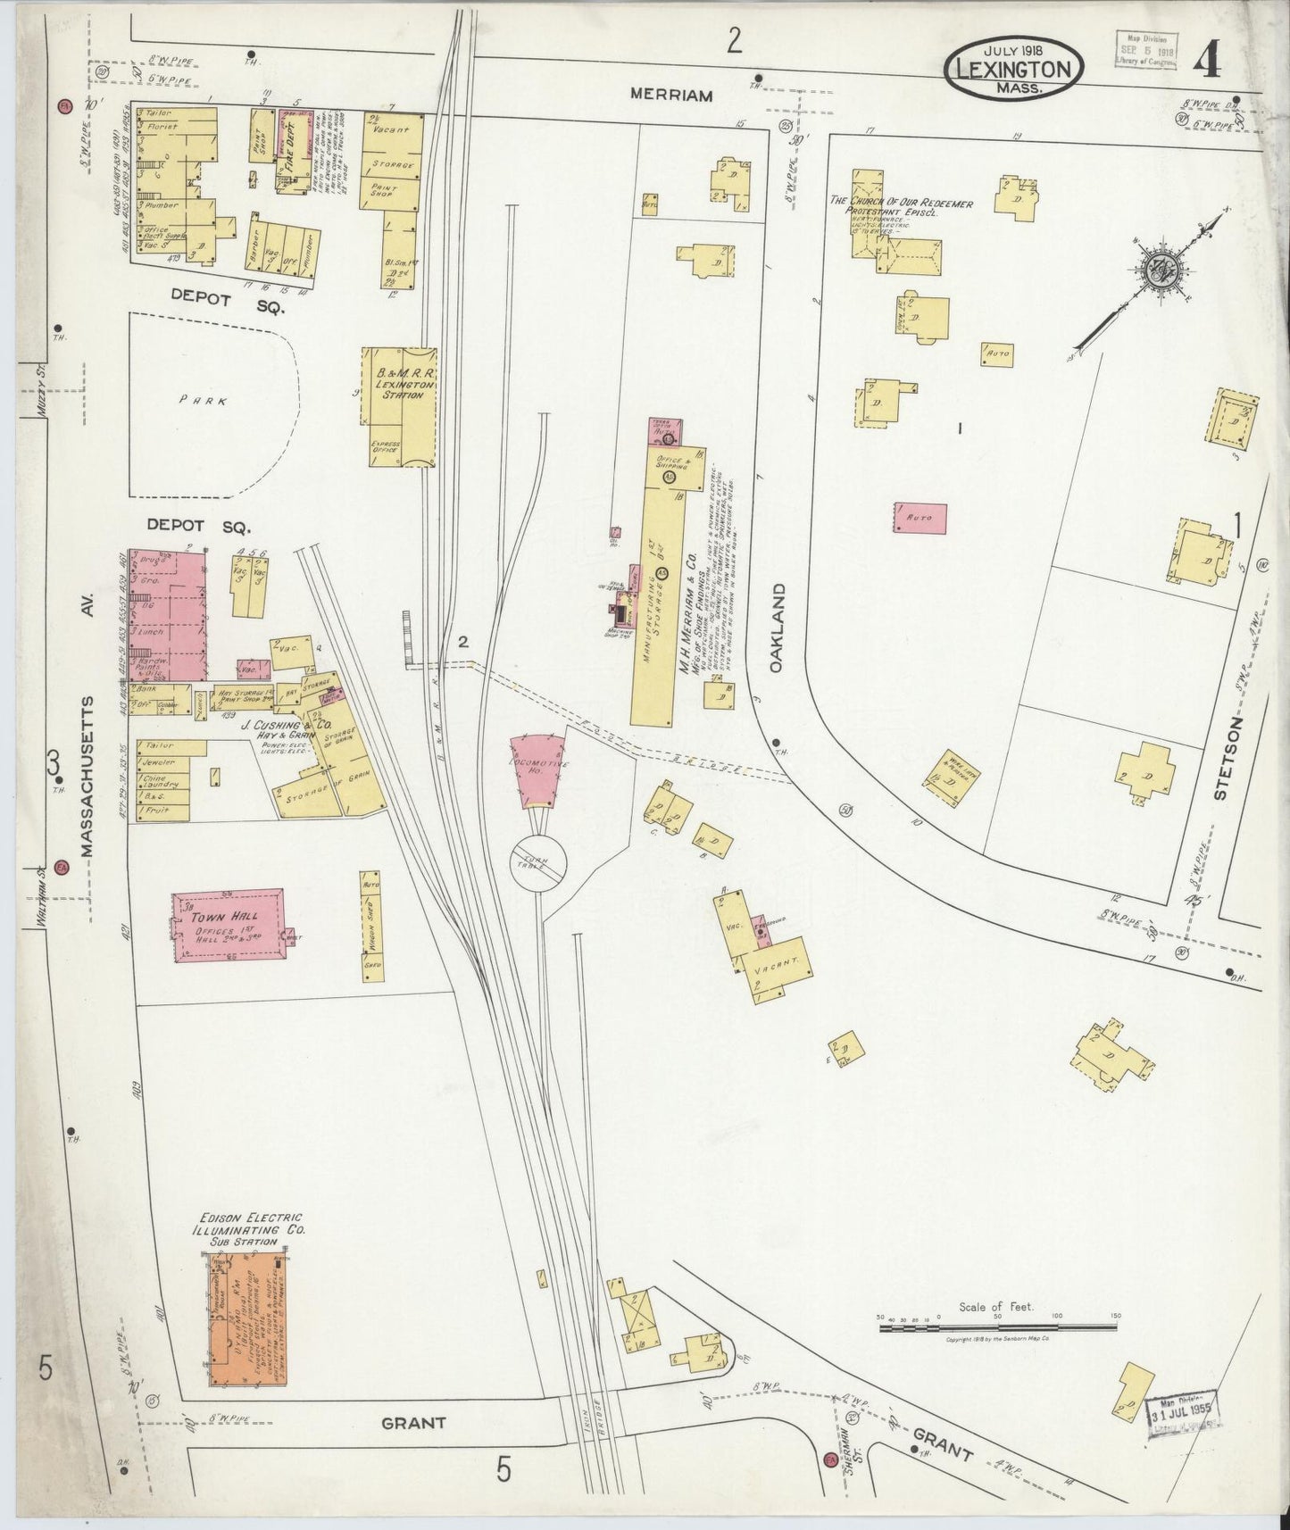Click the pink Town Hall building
(x=229, y=925)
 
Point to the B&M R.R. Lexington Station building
(x=399, y=407)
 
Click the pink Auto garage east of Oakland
(x=920, y=518)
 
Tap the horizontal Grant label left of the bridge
(x=413, y=1422)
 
